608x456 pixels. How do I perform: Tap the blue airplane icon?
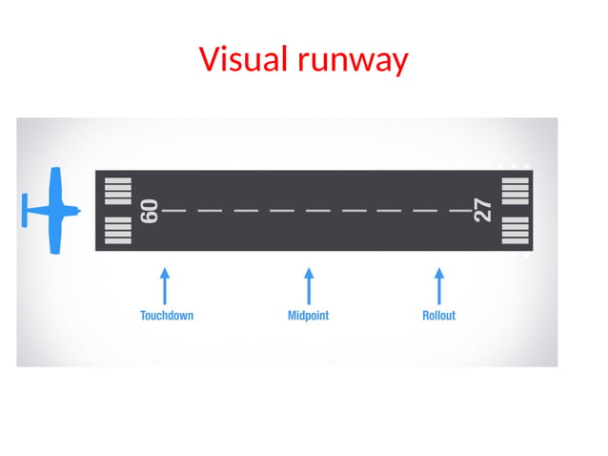point(53,211)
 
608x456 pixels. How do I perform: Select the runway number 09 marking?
point(149,211)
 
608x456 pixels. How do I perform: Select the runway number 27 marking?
point(483,211)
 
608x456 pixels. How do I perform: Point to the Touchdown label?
point(166,316)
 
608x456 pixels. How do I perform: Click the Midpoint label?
point(308,316)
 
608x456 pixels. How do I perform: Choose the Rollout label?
point(438,316)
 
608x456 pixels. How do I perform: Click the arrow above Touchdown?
point(165,284)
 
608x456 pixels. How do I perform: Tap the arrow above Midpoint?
point(308,284)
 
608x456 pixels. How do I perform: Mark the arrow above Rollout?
point(438,284)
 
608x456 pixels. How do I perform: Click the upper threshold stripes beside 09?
point(117,191)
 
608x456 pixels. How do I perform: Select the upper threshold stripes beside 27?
point(515,191)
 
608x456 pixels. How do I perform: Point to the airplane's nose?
point(79,211)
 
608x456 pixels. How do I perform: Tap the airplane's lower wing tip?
point(55,250)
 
